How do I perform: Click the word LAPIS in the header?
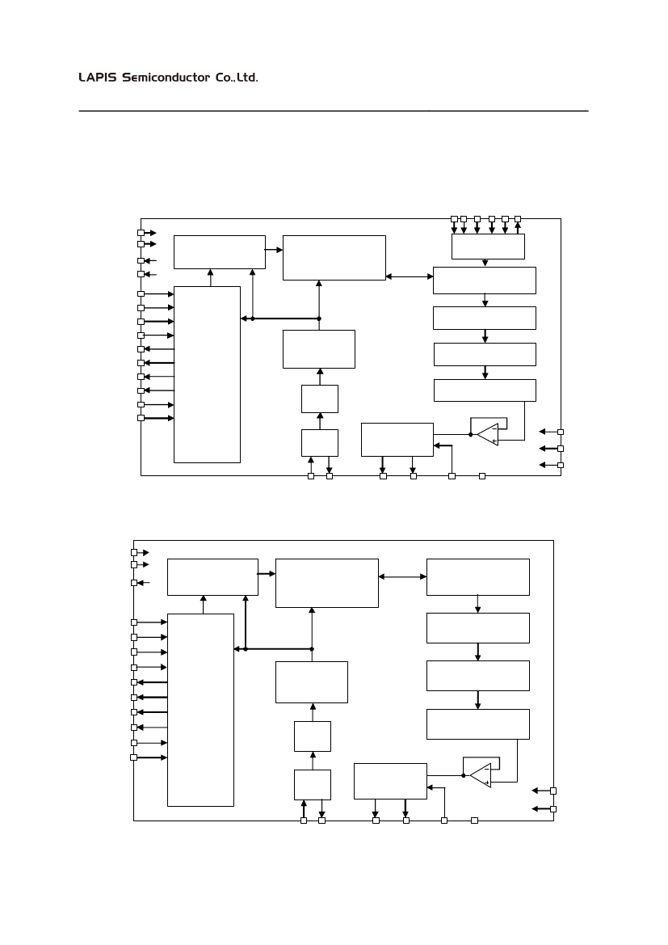point(98,78)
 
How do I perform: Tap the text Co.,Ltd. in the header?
point(237,78)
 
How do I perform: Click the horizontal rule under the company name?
point(333,111)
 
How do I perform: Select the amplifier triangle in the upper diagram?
point(487,435)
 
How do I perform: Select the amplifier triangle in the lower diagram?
point(480,776)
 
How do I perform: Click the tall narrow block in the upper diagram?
point(207,374)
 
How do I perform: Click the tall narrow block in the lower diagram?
point(200,709)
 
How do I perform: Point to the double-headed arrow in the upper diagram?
point(410,277)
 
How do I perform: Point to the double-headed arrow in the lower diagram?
point(402,576)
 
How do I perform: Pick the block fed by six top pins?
point(488,246)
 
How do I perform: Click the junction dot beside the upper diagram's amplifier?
point(470,435)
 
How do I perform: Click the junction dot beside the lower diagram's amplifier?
point(464,776)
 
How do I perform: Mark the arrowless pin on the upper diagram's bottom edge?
point(482,475)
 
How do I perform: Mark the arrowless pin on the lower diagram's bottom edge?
point(474,821)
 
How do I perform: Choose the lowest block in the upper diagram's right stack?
point(485,390)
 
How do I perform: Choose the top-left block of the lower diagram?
point(212,576)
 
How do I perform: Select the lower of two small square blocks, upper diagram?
point(319,442)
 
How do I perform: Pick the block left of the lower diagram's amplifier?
point(390,780)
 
